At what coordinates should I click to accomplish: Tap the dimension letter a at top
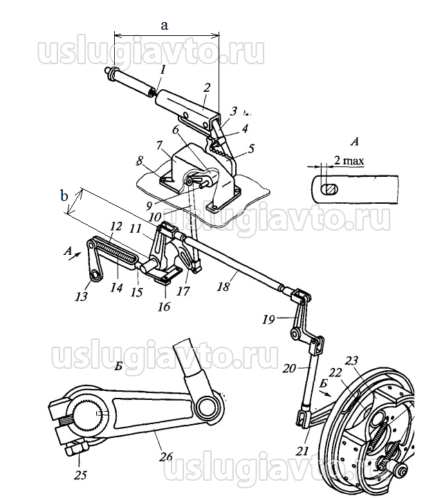click(x=164, y=25)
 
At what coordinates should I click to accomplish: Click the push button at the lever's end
click(x=109, y=71)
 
